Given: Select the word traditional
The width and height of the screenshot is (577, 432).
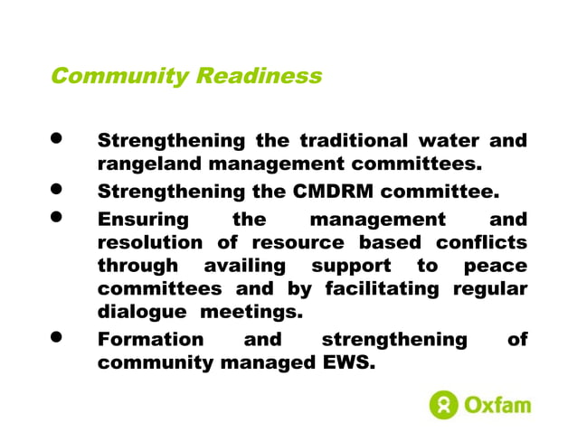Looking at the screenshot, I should tap(353, 141).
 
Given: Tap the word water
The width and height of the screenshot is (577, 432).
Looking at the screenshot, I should tap(449, 141).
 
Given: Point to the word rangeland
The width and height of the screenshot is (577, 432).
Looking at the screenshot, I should tap(150, 166).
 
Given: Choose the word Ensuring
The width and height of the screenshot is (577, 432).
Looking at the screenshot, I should tap(143, 220).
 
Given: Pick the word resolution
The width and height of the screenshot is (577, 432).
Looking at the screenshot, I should tap(150, 243).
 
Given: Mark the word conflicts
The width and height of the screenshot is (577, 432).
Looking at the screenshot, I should tap(482, 243).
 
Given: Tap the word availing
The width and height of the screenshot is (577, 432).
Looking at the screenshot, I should tap(244, 267).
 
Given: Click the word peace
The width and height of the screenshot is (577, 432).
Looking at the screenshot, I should tap(496, 267).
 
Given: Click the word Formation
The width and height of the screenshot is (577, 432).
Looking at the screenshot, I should tap(150, 340).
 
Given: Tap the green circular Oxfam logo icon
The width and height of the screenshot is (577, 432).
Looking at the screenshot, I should tap(444, 404).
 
